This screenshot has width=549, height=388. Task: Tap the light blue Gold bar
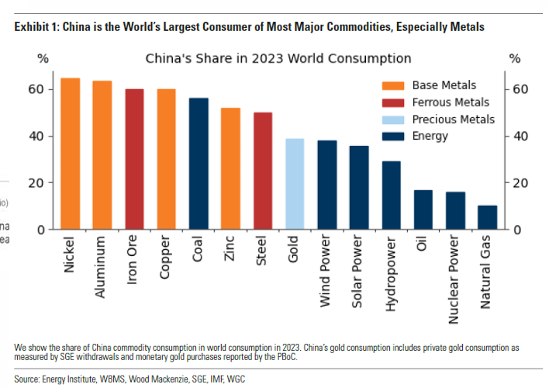(x=295, y=184)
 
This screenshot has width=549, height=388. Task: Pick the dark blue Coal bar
(x=199, y=164)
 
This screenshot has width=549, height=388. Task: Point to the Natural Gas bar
(x=487, y=217)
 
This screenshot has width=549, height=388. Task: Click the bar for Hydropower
(x=391, y=196)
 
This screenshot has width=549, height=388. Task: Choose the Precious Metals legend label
(x=453, y=120)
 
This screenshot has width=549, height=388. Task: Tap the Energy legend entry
(x=430, y=137)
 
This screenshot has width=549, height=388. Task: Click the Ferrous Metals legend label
(x=451, y=102)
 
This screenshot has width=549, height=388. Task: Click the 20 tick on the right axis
(x=521, y=183)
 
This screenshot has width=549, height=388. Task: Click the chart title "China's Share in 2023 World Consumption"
(x=278, y=59)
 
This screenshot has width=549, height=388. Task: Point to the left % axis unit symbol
(x=43, y=59)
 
